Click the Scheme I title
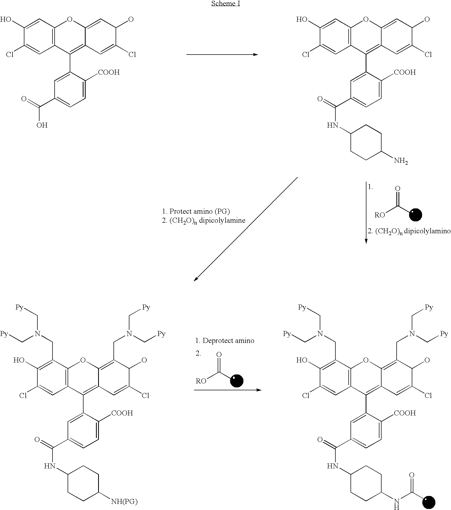pos(226,4)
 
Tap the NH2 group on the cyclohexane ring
pos(401,161)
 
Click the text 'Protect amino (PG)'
pos(199,211)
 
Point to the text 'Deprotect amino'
pos(228,341)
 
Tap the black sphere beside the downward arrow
pos(415,214)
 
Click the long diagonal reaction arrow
pos(246,229)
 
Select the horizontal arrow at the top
pos(222,55)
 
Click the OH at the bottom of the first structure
pos(42,125)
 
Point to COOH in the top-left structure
pos(109,72)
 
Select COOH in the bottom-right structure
pos(405,413)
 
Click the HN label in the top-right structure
pos(332,125)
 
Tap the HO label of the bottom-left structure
pos(19,360)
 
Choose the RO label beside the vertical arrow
pos(380,215)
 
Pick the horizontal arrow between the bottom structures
pos(227,390)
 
